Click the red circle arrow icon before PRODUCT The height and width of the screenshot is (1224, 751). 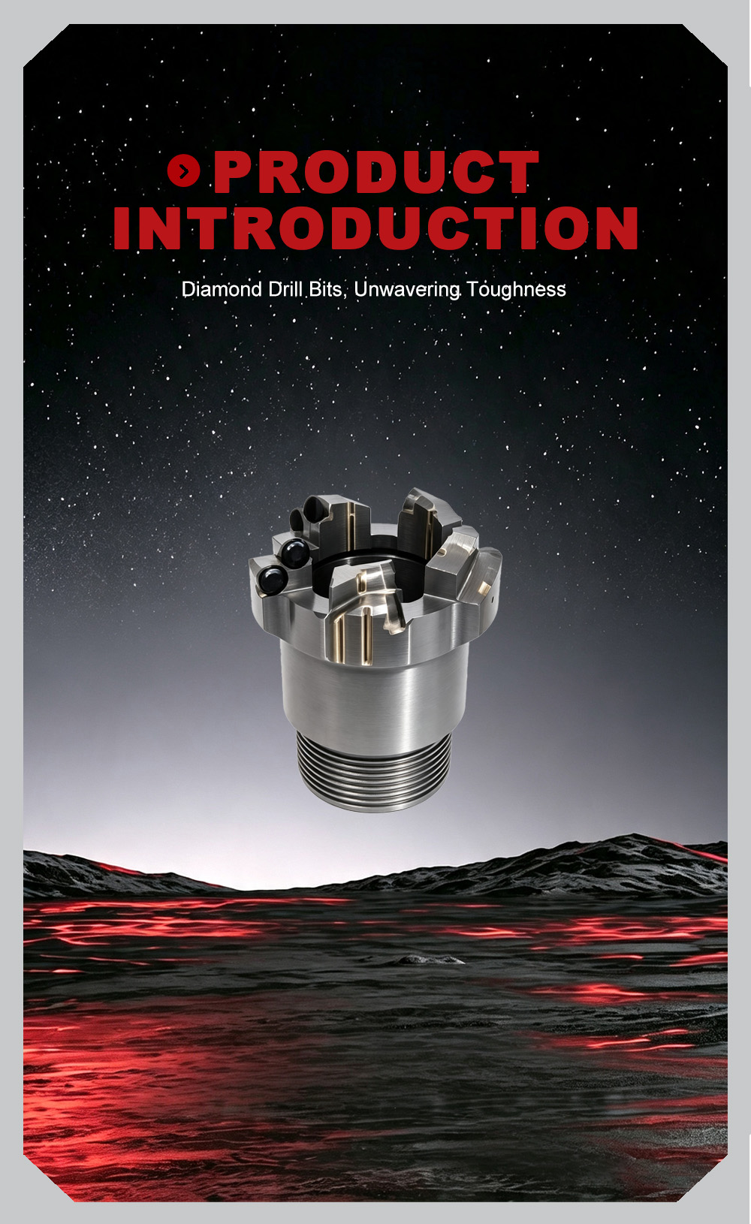coord(184,171)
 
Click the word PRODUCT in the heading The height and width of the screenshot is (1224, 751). coord(376,172)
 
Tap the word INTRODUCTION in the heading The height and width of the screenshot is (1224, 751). coord(376,228)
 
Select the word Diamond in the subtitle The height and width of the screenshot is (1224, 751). coord(222,289)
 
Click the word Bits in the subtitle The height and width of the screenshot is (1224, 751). coord(325,289)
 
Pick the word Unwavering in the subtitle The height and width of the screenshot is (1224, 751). coord(407,290)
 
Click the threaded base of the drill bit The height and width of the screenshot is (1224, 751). coord(374,770)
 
